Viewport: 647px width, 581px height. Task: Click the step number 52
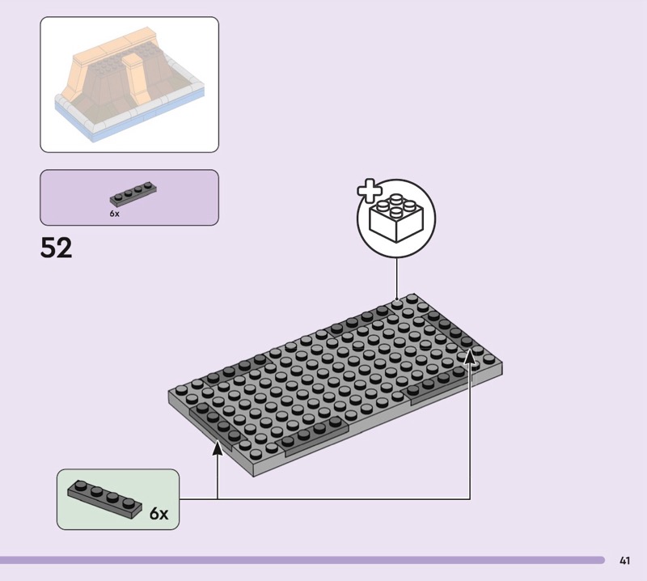click(x=57, y=248)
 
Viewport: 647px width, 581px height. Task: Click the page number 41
click(x=624, y=560)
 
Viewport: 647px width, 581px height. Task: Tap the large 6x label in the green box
click(x=159, y=514)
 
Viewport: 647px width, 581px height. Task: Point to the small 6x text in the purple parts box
click(x=114, y=214)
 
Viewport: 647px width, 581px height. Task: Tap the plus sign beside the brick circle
click(x=369, y=193)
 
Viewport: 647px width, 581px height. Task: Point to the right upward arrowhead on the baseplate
click(x=470, y=356)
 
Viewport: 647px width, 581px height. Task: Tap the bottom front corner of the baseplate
click(x=253, y=472)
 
